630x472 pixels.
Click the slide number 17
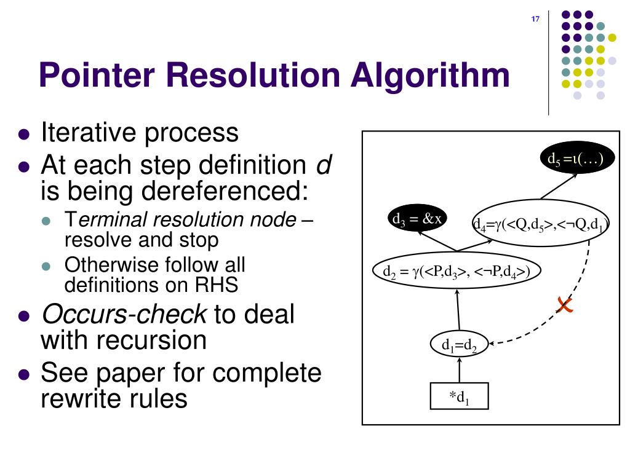pyautogui.click(x=535, y=20)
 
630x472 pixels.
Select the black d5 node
pyautogui.click(x=577, y=159)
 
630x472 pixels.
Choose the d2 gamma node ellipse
pyautogui.click(x=457, y=271)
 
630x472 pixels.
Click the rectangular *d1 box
pyautogui.click(x=458, y=396)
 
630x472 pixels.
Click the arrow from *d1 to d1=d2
pyautogui.click(x=459, y=371)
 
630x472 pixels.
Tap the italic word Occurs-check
pyautogui.click(x=123, y=315)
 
